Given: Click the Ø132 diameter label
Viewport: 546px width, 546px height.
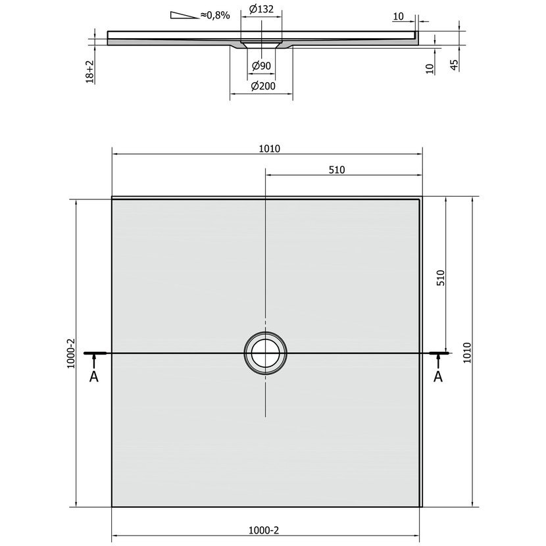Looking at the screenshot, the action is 261,9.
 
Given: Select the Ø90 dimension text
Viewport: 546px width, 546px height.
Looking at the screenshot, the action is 261,66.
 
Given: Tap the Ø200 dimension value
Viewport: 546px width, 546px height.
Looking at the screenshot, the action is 263,86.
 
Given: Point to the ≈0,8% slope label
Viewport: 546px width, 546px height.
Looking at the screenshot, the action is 215,15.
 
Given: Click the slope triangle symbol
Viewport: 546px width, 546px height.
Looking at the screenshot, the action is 184,15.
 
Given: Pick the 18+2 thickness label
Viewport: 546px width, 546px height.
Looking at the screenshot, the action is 90,72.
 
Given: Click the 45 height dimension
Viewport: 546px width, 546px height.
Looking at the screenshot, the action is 455,64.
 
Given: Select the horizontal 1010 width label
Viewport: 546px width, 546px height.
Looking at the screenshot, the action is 269,149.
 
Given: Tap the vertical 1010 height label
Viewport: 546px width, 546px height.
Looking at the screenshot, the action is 467,353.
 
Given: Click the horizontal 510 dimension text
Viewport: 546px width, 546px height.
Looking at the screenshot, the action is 337,170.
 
